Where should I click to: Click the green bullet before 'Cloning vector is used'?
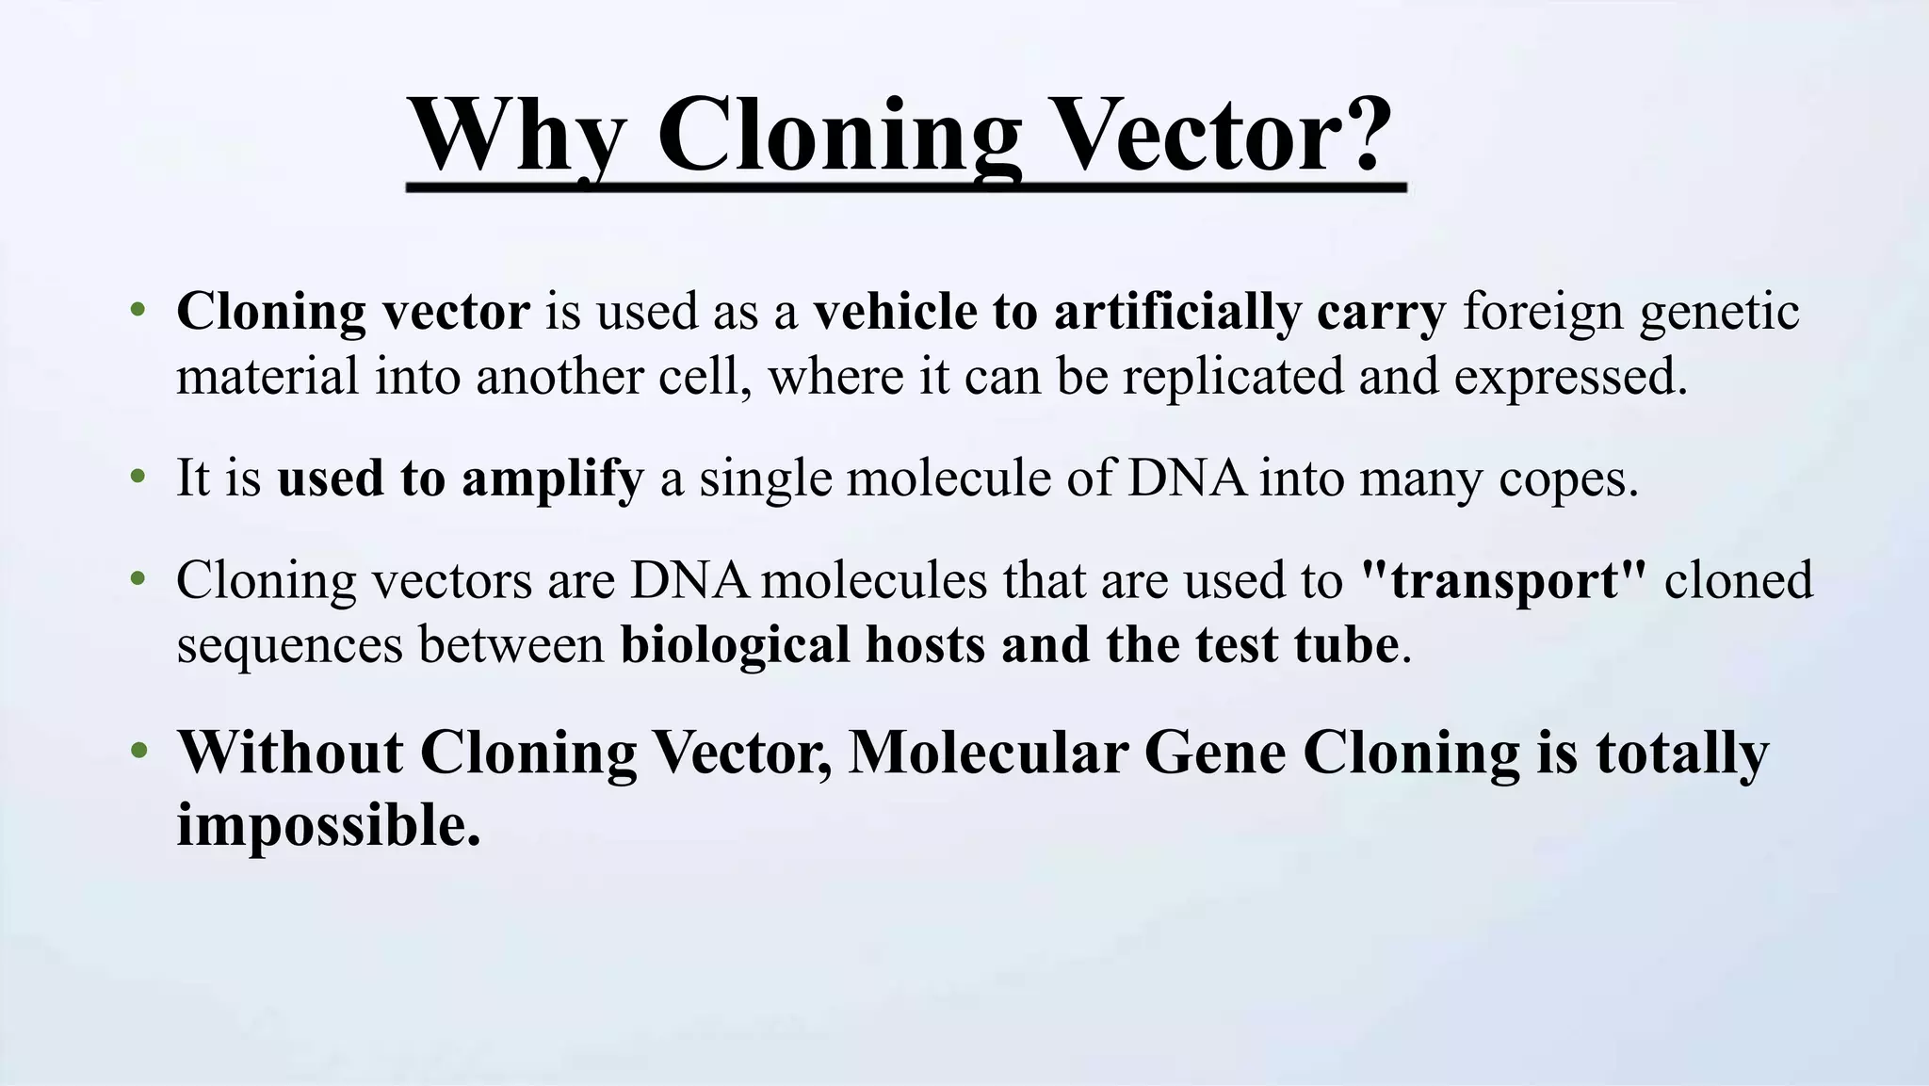coord(138,311)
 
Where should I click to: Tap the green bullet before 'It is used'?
coord(138,478)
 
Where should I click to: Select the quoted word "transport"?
coord(1504,580)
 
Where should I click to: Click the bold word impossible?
coord(328,826)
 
